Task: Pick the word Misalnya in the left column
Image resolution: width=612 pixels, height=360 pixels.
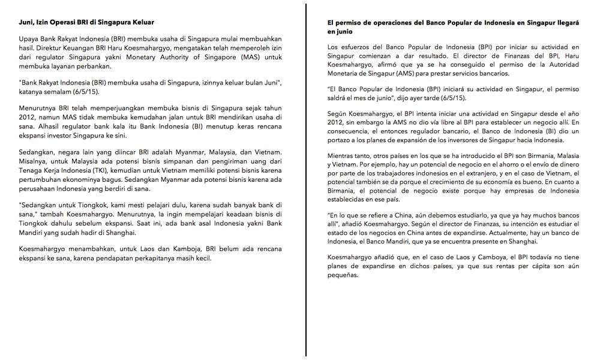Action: [34, 162]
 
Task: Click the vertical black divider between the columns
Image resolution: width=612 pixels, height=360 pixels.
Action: [307, 180]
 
